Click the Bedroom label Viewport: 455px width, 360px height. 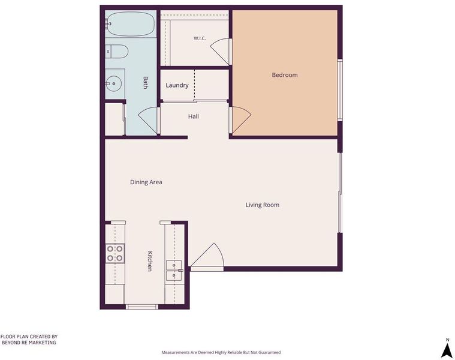pos(284,75)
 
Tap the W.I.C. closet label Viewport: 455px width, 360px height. pos(200,38)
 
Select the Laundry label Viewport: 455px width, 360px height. pos(177,85)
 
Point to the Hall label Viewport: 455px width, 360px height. pos(193,116)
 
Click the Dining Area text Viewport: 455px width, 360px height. pos(146,182)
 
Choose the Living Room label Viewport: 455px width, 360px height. pos(263,205)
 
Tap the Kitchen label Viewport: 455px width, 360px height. pos(150,261)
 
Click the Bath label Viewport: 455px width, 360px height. pos(146,82)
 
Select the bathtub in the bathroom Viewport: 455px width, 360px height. pos(131,24)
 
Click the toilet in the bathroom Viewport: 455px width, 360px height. pos(117,52)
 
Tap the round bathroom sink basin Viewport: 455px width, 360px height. pos(113,83)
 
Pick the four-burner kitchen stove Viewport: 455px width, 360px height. pos(114,253)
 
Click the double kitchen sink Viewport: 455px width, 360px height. pos(174,270)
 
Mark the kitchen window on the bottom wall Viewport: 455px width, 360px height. pos(142,307)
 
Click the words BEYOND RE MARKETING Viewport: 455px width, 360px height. pos(29,343)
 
